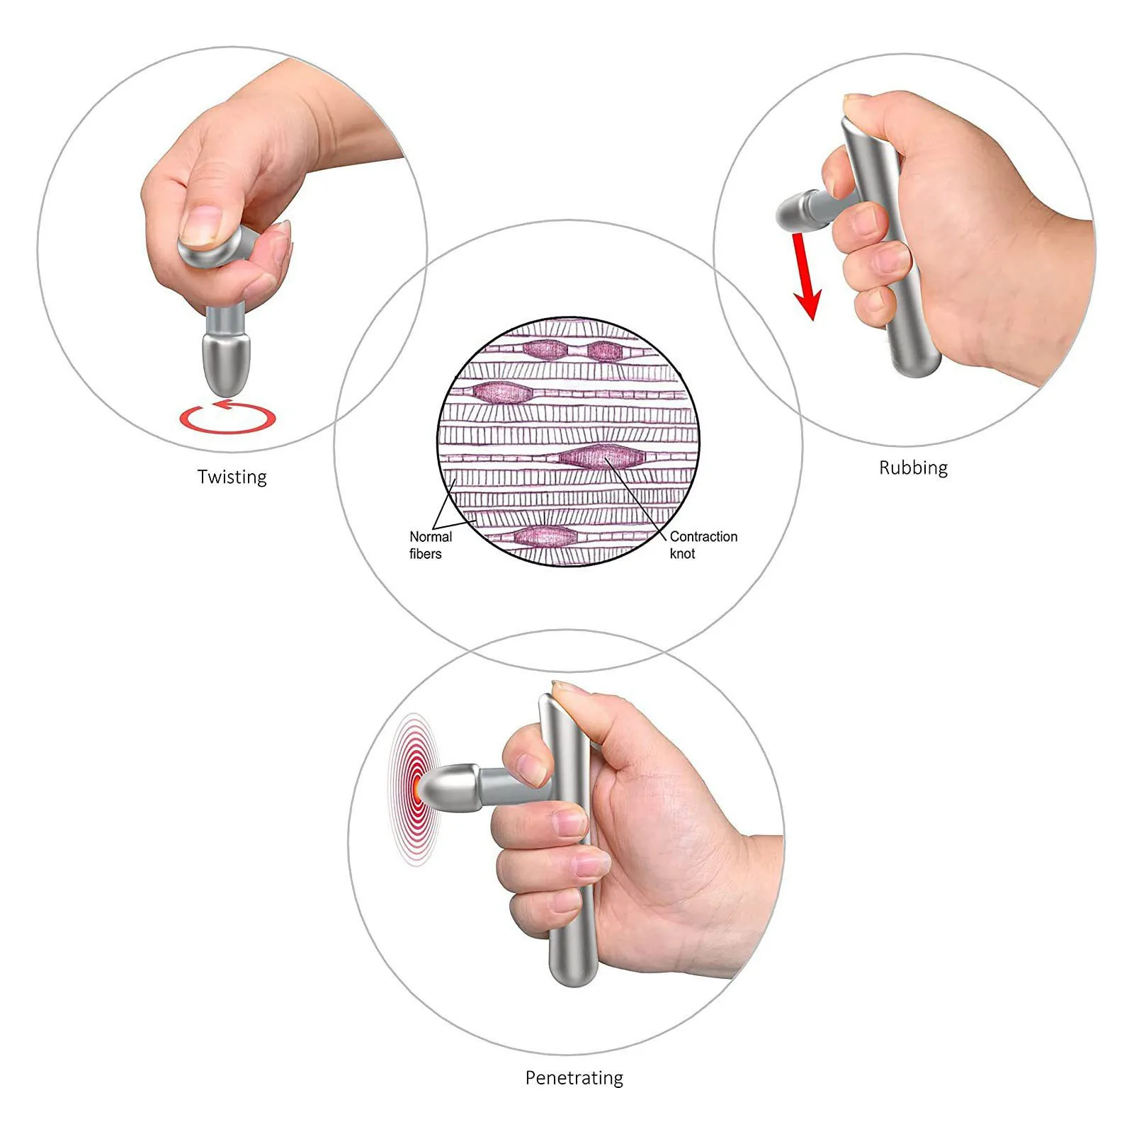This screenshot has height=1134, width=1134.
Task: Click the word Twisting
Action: (x=232, y=477)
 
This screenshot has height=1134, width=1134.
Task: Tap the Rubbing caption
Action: (x=913, y=467)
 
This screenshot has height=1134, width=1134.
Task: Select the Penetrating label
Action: (x=574, y=1077)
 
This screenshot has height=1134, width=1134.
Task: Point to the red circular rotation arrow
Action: (x=227, y=419)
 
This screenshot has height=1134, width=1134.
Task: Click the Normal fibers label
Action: (x=429, y=545)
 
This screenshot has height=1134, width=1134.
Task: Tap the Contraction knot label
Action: (x=703, y=545)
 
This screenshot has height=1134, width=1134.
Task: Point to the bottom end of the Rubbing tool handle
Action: (x=918, y=365)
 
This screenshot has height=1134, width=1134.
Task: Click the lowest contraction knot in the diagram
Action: (x=545, y=536)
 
